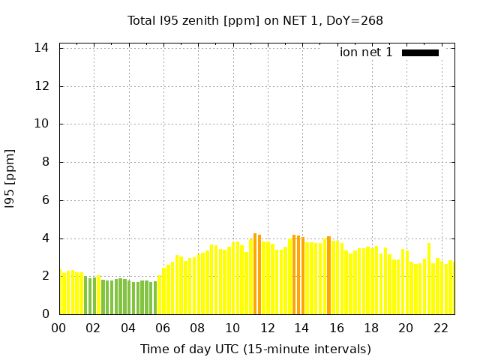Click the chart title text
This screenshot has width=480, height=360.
click(255, 20)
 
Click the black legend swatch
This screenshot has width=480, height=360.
click(420, 52)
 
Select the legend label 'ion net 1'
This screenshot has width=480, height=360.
click(366, 52)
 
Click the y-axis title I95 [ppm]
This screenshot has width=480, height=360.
click(10, 179)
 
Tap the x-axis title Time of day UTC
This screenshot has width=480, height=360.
click(255, 349)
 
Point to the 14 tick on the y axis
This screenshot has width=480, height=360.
click(43, 48)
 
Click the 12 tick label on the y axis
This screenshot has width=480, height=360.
click(43, 86)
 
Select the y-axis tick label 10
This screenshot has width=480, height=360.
click(43, 124)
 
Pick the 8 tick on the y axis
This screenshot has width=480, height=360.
click(46, 162)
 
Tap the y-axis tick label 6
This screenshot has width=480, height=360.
click(46, 200)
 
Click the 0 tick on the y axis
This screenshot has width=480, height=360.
click(46, 314)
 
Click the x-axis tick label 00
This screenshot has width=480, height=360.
click(59, 328)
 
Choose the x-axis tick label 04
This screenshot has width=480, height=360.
click(128, 328)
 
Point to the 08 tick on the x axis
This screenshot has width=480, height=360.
click(197, 328)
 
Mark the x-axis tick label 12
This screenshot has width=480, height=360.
click(267, 328)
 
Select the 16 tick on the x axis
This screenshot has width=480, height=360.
click(337, 328)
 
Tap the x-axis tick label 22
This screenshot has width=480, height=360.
click(441, 328)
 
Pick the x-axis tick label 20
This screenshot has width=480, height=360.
click(406, 328)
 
